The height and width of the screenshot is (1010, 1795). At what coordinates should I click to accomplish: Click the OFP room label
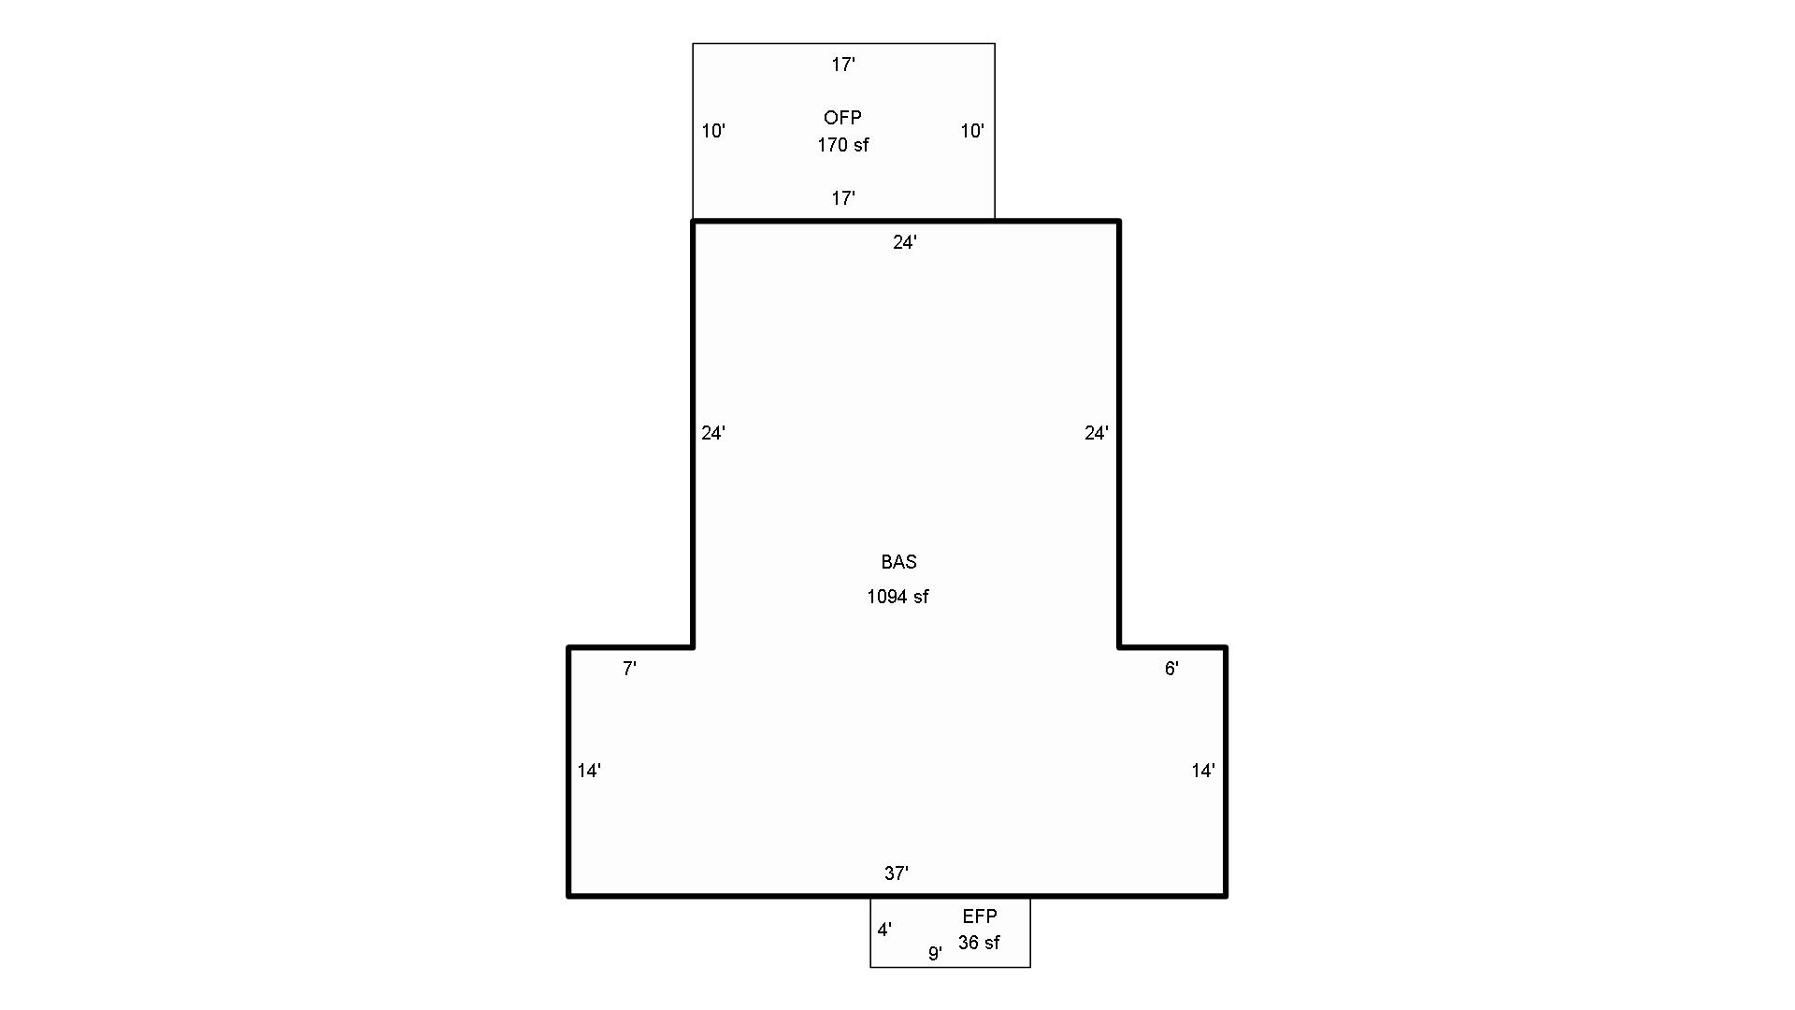(x=842, y=118)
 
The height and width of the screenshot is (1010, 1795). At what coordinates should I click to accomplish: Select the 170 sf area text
(x=842, y=145)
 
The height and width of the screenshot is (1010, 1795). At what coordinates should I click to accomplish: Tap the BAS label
(x=898, y=562)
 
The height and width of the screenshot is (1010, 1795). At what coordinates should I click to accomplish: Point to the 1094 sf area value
(x=897, y=597)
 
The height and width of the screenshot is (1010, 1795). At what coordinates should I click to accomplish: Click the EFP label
(x=980, y=916)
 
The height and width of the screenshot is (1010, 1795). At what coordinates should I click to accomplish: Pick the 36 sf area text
(x=979, y=943)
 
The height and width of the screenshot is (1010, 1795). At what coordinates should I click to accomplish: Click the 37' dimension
(x=897, y=873)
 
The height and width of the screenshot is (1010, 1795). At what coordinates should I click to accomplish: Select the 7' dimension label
(x=630, y=669)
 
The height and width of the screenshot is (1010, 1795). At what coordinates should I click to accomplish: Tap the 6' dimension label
(x=1171, y=669)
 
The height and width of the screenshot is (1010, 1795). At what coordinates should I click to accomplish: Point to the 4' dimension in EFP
(x=884, y=930)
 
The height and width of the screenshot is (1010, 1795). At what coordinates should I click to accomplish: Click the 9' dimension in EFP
(x=935, y=954)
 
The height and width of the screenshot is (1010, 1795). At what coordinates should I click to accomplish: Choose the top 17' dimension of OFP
(x=843, y=65)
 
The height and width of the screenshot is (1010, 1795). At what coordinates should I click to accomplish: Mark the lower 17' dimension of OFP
(x=843, y=198)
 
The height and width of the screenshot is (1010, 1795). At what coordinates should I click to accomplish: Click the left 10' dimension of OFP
(x=713, y=131)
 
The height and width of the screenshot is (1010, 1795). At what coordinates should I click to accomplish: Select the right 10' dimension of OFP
(x=972, y=131)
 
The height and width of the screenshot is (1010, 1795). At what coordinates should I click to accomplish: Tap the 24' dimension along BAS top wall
(x=905, y=242)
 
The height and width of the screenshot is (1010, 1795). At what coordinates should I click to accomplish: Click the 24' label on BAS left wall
(x=713, y=433)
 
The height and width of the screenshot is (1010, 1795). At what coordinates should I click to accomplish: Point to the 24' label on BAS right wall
(x=1097, y=433)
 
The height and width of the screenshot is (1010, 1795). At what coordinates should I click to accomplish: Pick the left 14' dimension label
(x=589, y=771)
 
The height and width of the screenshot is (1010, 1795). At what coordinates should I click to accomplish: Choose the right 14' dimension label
(x=1203, y=771)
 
